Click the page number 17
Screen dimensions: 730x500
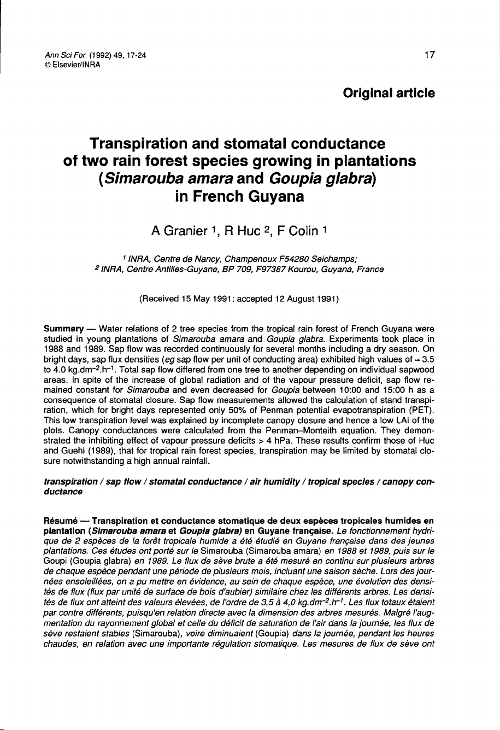pos(429,55)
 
